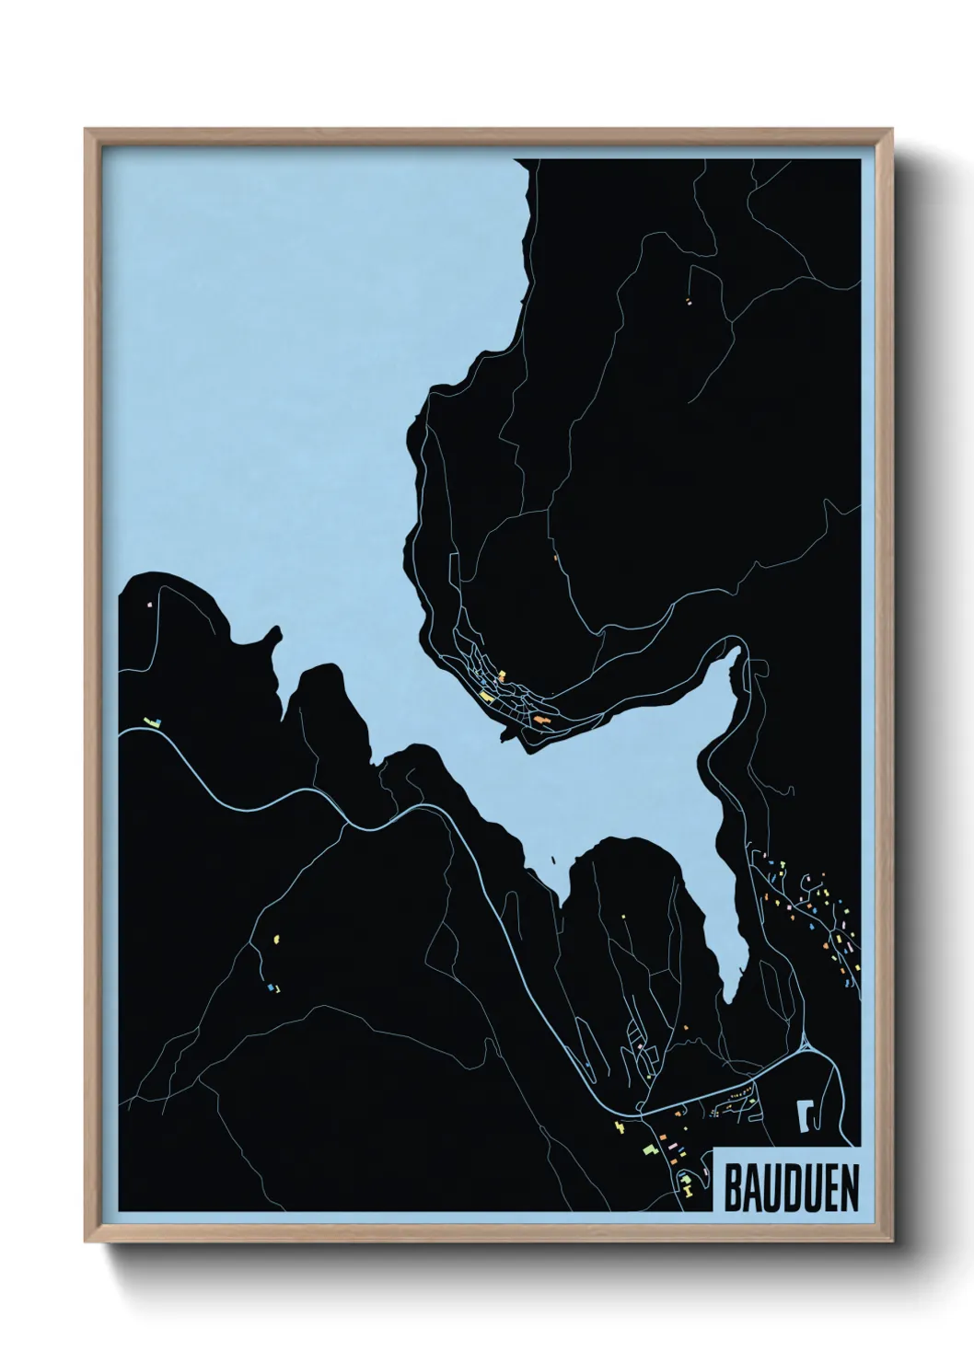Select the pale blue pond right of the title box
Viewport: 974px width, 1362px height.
tap(804, 1115)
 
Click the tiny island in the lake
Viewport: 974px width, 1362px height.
tap(551, 861)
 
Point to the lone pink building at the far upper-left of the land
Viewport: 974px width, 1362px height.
tap(149, 605)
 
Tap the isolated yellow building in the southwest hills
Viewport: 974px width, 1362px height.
tap(275, 939)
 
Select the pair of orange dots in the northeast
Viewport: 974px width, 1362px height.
tap(688, 300)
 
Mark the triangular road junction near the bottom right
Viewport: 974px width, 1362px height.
tap(806, 1045)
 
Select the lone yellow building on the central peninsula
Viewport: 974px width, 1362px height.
tap(624, 917)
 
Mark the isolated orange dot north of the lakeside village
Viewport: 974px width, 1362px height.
tap(555, 557)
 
